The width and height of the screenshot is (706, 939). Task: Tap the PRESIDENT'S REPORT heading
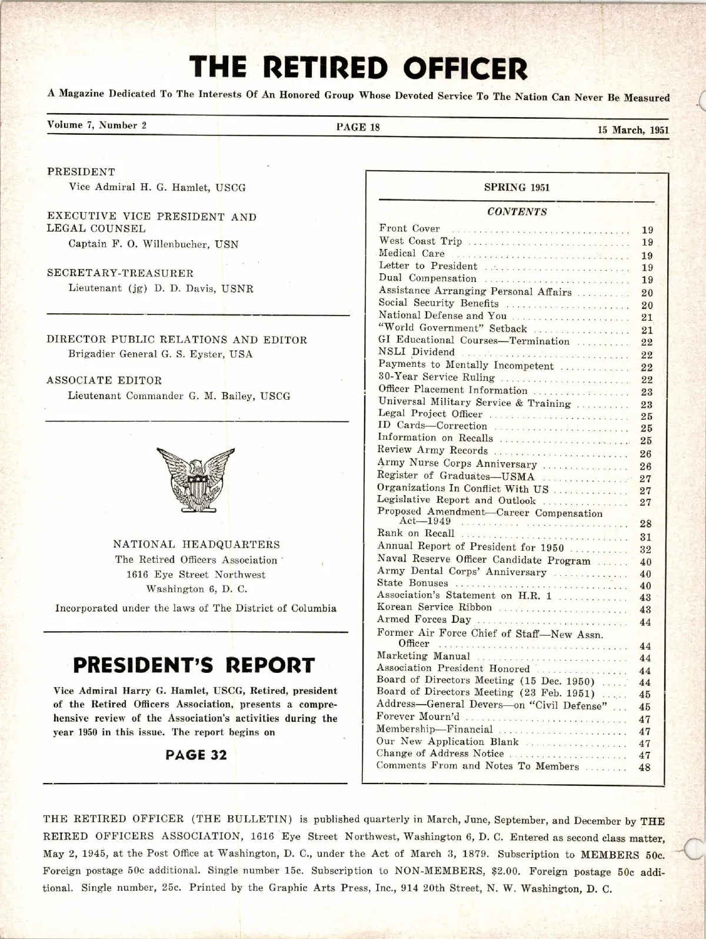point(194,665)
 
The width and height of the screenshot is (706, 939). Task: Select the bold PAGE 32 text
point(196,755)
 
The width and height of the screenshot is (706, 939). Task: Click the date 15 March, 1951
point(633,130)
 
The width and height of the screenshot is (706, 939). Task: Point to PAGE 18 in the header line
point(358,127)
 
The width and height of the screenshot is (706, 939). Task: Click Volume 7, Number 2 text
point(97,125)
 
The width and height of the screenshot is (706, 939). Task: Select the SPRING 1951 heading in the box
point(517,187)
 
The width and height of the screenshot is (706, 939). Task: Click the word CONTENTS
point(517,212)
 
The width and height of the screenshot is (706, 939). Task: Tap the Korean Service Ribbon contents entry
point(434,607)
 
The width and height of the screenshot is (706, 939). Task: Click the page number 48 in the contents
point(644,767)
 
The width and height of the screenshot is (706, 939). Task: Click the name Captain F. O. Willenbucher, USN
point(154,244)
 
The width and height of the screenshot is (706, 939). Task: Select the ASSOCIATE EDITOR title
point(104,380)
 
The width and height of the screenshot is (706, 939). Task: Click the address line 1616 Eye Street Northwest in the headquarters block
point(196,574)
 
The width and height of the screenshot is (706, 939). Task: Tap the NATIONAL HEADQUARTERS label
point(196,545)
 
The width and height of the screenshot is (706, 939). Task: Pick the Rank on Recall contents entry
point(416,533)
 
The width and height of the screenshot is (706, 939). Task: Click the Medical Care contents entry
point(412,253)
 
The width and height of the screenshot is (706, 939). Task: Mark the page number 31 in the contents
point(645,537)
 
